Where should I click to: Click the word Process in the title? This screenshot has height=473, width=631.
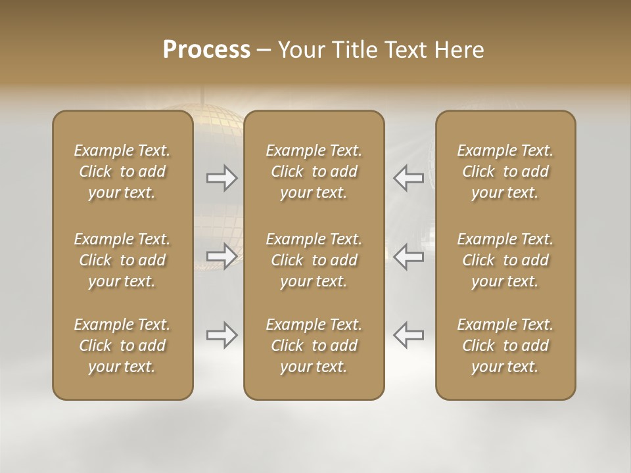206,50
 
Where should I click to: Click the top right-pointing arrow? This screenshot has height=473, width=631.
222,177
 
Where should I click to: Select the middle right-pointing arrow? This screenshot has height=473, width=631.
222,256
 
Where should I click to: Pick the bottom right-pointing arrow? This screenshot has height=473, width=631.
222,335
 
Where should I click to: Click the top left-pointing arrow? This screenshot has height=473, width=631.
408,177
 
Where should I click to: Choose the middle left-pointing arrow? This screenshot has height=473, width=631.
408,256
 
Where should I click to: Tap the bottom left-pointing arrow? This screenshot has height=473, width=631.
408,335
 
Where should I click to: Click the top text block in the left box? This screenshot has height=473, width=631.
122,171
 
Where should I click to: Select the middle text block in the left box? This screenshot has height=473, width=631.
122,260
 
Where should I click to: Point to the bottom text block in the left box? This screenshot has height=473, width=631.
122,346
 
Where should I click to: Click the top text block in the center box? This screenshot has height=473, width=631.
314,171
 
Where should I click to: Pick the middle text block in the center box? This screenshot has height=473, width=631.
314,260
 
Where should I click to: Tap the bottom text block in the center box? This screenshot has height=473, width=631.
314,346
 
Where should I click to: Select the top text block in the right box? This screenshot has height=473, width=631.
505,171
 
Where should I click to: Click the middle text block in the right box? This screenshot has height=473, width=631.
505,260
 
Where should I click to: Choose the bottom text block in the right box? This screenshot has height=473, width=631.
505,346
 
